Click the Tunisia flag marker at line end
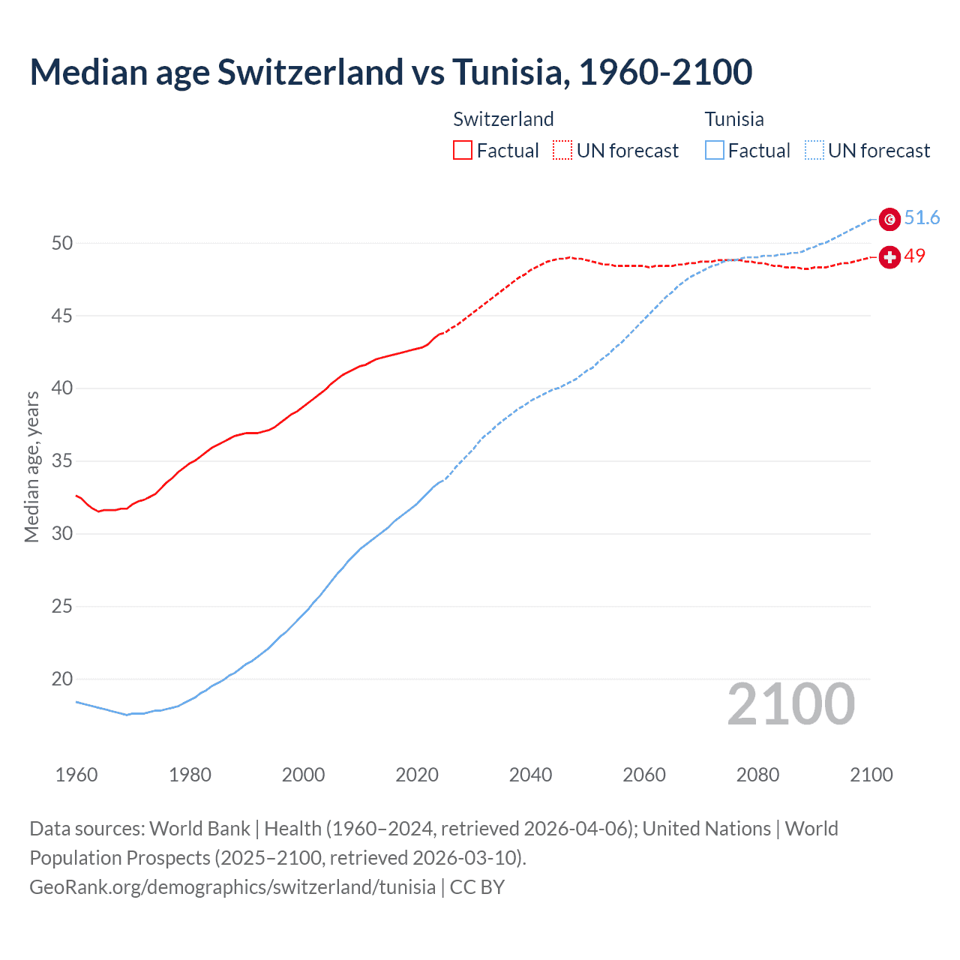[889, 219]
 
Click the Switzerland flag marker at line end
[889, 257]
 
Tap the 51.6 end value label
[922, 218]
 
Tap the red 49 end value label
[915, 256]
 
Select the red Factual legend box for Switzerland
[463, 151]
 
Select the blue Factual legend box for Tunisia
[715, 151]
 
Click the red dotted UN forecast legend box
[562, 151]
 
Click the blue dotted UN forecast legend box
[814, 151]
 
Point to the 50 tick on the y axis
[62, 243]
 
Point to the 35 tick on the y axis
[62, 460]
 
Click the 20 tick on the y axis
[62, 679]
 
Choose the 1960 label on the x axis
[76, 775]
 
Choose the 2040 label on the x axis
[530, 775]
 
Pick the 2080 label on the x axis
[757, 775]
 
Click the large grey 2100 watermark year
[790, 704]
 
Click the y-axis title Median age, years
[31, 466]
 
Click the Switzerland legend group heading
[503, 119]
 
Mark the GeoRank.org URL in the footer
[232, 887]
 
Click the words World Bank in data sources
[199, 829]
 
